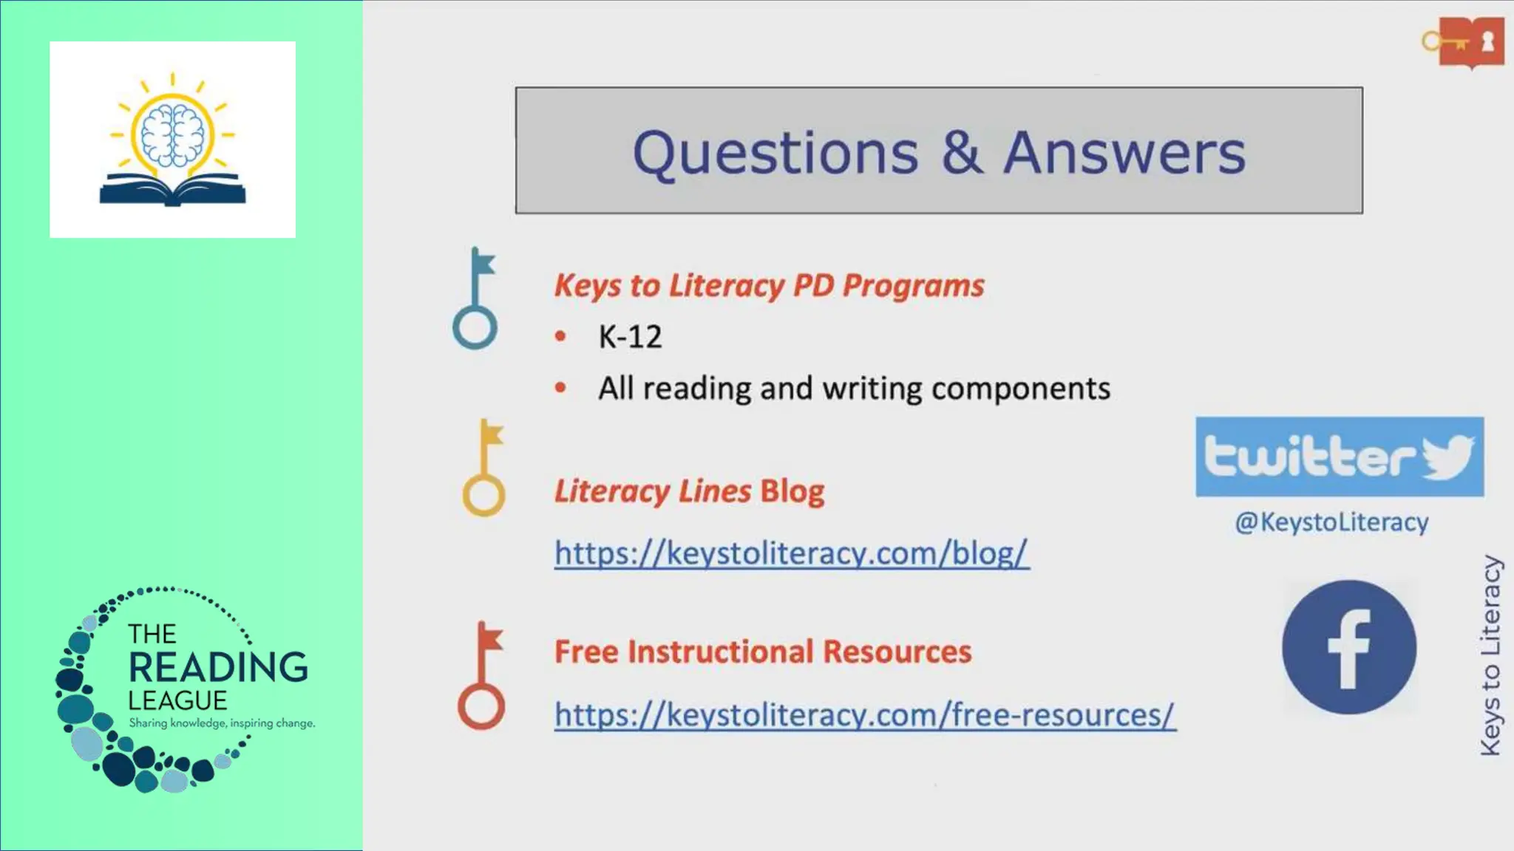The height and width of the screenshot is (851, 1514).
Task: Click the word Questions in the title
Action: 775,153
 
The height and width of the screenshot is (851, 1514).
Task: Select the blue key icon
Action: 475,299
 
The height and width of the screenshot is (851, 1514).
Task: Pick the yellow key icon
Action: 484,468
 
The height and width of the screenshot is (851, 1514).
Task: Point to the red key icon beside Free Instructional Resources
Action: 481,676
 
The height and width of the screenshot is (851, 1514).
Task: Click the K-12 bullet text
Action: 630,337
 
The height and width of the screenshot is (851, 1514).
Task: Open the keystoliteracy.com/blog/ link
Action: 791,553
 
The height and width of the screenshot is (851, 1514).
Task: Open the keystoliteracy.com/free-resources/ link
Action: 864,715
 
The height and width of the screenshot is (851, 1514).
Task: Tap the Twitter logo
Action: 1339,457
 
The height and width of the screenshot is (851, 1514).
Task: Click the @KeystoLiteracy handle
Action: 1331,522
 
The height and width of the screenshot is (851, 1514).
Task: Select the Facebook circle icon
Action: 1349,647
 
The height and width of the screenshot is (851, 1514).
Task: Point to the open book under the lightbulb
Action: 172,190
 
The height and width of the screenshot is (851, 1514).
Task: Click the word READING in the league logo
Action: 218,667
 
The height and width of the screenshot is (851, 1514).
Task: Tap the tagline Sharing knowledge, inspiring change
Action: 222,723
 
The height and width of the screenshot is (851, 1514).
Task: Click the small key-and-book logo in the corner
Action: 1464,43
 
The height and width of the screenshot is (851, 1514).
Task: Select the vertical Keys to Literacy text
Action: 1491,655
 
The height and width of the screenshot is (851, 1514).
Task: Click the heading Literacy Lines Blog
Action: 689,491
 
